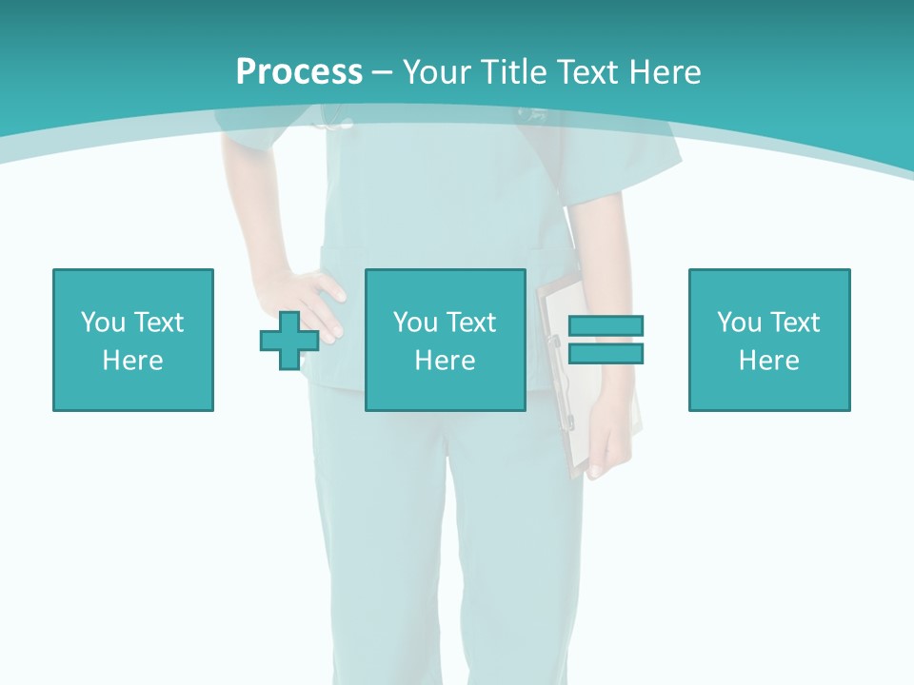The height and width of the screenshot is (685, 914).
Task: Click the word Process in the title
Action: tap(299, 71)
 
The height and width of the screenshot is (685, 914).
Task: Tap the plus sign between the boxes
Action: tap(289, 340)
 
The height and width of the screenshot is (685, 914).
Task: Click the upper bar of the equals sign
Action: tap(606, 326)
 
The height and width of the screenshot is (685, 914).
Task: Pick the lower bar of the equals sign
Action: tap(606, 353)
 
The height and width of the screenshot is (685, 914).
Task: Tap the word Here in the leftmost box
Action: tap(133, 361)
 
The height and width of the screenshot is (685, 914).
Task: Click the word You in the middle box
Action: tap(415, 323)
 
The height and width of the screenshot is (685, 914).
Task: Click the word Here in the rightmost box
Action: tap(769, 361)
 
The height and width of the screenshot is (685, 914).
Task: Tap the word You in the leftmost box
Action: tap(103, 323)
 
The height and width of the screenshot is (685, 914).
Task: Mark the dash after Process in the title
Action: tap(382, 72)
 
